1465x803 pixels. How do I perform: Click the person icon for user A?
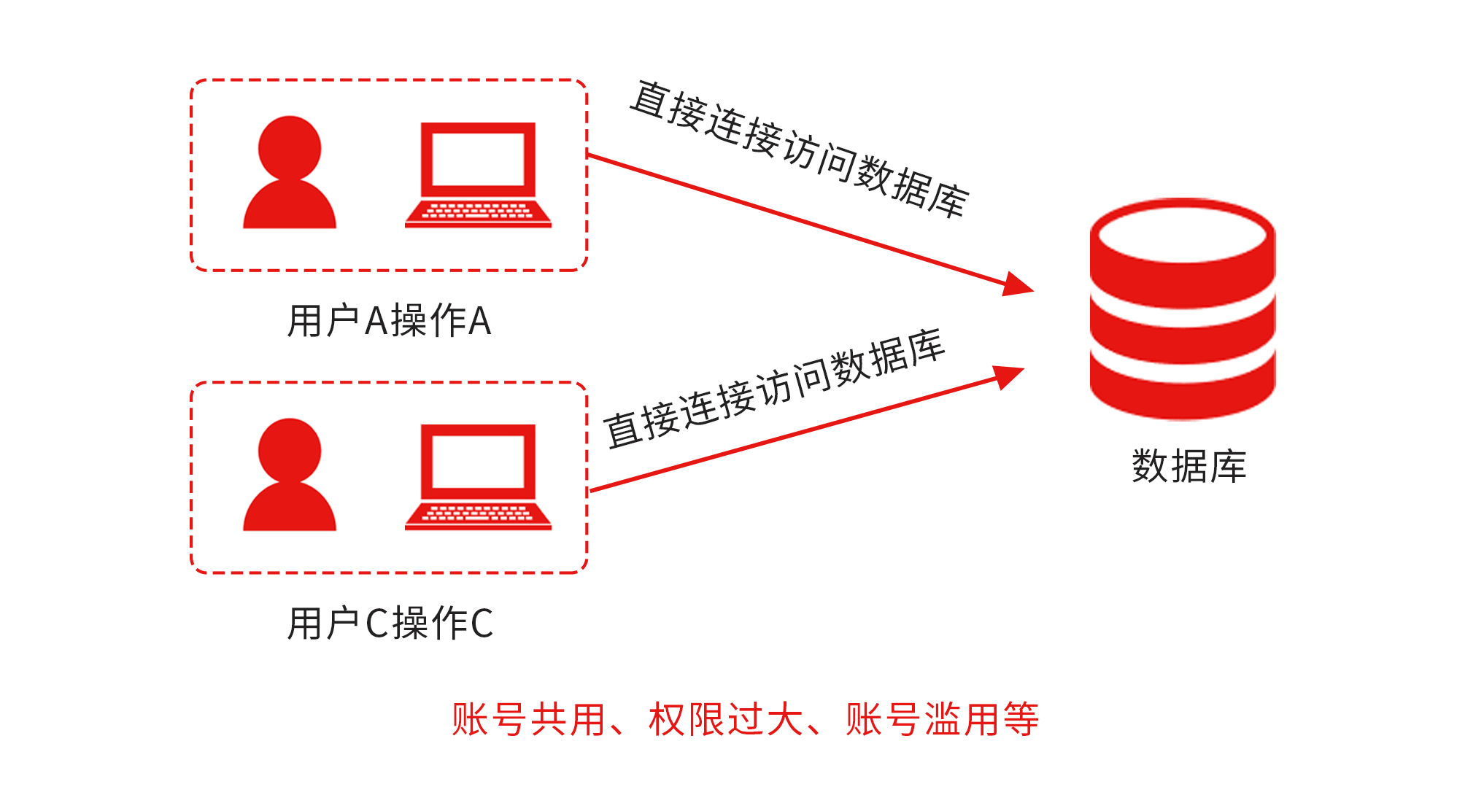point(290,175)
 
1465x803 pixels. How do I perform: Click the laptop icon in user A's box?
point(478,175)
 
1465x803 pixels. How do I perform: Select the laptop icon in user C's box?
point(478,477)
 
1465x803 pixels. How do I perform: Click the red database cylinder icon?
point(1182,309)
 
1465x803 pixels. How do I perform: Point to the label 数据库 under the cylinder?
point(1189,466)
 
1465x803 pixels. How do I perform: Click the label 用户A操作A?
point(390,321)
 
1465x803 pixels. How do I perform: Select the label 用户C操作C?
point(390,624)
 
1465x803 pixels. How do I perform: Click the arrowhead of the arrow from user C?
point(1010,376)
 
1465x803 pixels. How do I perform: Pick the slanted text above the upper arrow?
point(800,150)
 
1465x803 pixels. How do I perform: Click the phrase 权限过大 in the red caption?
point(726,720)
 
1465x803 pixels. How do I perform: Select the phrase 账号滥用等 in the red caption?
point(942,720)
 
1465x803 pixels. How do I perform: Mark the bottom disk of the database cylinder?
point(1182,390)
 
